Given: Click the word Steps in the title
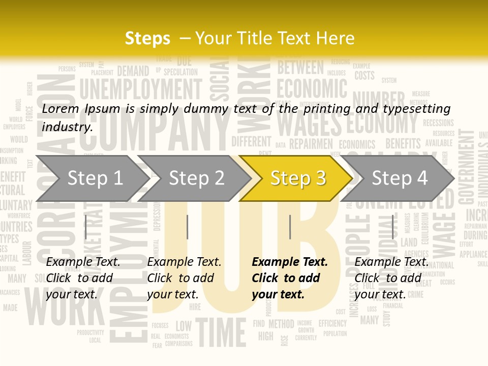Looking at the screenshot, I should click(147, 38).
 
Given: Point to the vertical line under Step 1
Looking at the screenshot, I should click(86, 227).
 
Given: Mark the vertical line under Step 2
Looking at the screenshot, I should click(188, 227).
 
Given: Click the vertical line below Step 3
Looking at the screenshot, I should click(290, 227).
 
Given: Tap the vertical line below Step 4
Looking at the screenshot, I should click(392, 227).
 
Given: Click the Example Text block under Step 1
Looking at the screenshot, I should click(83, 278).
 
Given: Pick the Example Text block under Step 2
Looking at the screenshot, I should click(184, 278).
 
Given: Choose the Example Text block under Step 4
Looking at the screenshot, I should click(391, 278).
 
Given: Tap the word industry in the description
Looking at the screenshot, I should click(66, 127).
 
